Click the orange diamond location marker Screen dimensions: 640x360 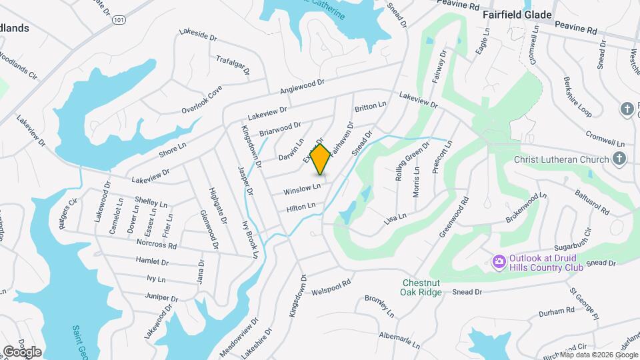tap(321, 159)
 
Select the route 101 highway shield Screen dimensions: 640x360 tap(118, 20)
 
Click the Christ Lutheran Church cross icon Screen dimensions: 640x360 tap(619, 159)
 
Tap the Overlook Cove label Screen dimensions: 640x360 tap(201, 103)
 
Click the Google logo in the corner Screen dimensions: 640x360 tap(22, 351)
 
